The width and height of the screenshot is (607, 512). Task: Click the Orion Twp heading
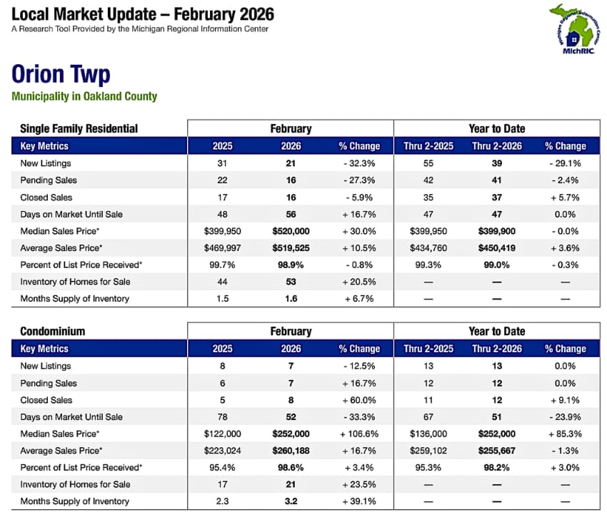61,74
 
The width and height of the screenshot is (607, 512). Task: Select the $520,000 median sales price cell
291,232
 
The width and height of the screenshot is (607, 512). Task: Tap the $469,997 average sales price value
222,247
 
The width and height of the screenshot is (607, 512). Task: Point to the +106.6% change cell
359,434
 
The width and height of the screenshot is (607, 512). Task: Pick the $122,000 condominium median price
222,434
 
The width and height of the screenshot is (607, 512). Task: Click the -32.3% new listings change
359,163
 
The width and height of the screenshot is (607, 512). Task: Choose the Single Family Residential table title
79,128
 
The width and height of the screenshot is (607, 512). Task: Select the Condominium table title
53,331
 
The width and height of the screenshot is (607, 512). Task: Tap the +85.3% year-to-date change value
565,434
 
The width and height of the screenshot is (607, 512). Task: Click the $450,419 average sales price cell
496,247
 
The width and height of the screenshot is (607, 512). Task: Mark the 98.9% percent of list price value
291,265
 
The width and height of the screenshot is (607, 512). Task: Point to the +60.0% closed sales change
359,400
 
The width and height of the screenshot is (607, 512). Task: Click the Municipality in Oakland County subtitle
84,96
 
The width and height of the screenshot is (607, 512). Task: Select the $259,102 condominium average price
428,450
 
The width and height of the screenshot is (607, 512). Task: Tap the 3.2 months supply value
291,501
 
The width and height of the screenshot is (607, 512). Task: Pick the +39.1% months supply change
359,501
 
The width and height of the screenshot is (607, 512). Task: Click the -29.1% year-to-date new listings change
565,163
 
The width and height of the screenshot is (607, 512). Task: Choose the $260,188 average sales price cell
291,450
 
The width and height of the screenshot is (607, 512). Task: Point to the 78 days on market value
222,417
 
